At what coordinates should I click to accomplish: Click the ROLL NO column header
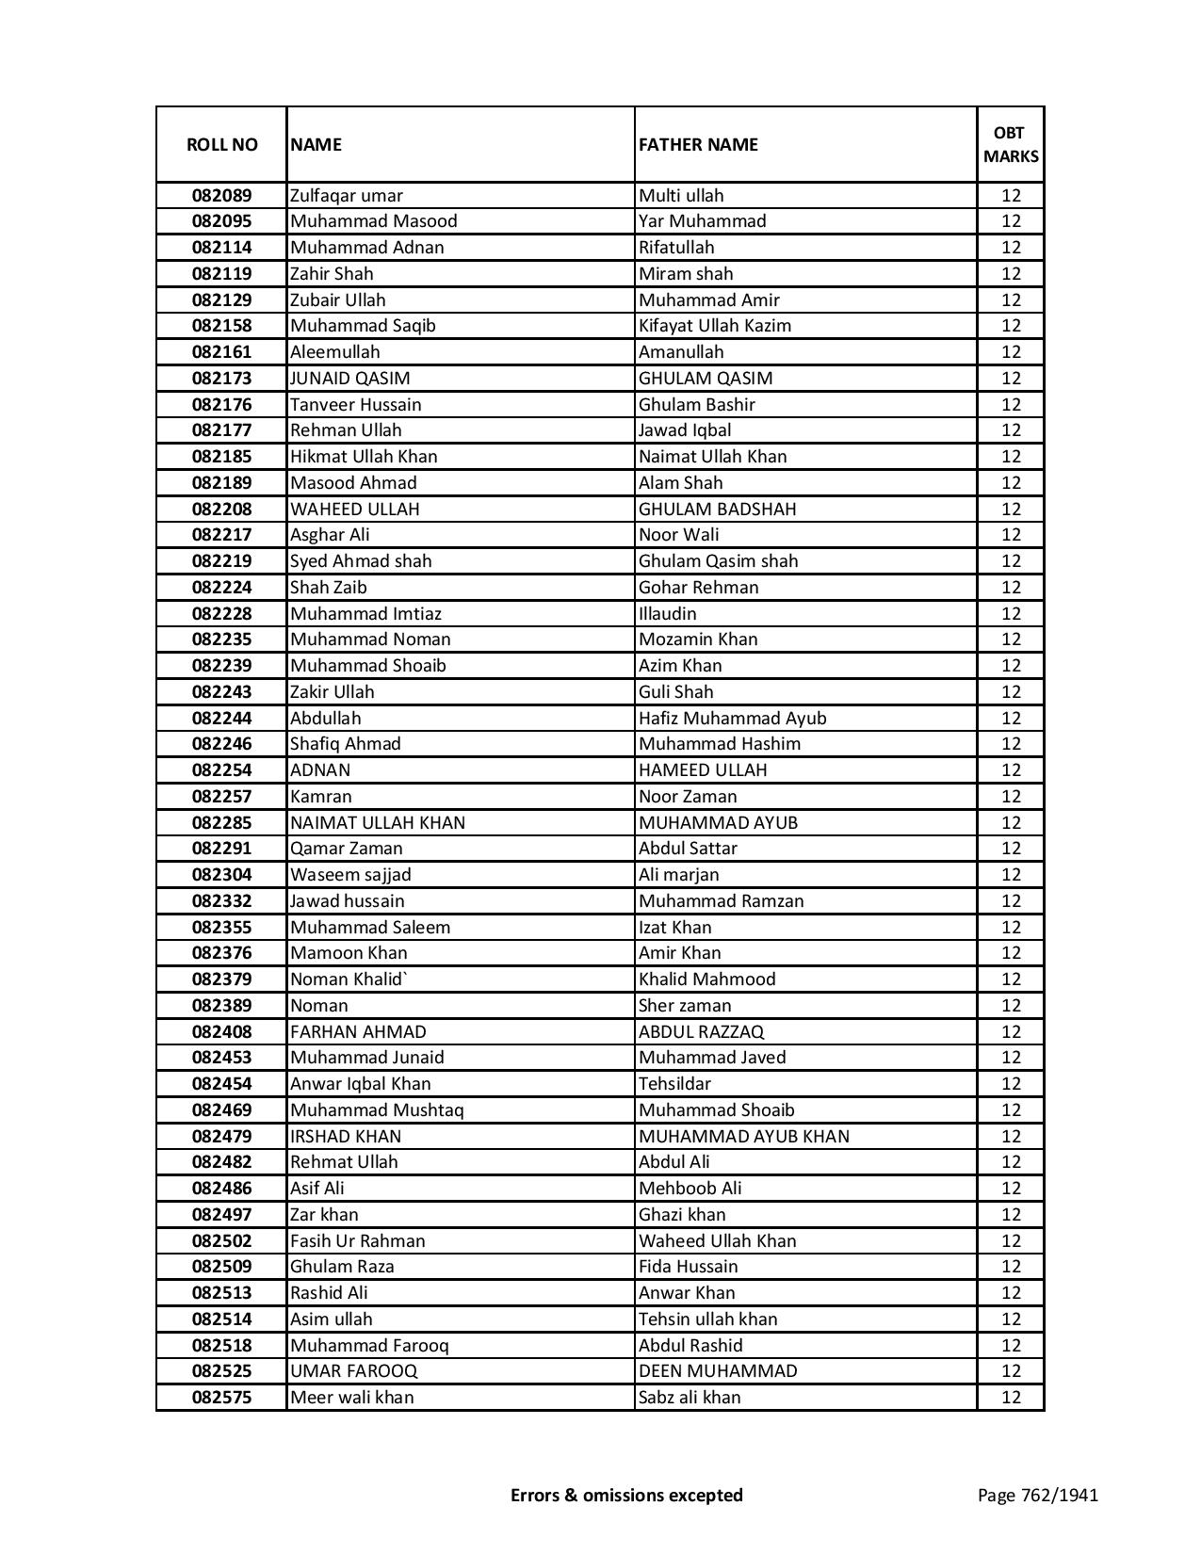point(221,145)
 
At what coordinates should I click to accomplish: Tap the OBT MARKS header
point(1011,145)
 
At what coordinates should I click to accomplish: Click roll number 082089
point(221,196)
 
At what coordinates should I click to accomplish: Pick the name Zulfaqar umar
point(346,196)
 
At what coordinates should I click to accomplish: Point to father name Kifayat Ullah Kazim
point(714,326)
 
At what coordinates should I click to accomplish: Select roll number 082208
point(221,510)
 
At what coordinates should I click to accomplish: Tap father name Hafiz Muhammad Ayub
point(732,719)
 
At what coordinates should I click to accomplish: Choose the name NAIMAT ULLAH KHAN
point(377,823)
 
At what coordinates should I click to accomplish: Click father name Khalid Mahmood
point(706,979)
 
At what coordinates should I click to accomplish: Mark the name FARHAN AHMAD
point(358,1032)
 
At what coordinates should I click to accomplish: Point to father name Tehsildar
point(674,1084)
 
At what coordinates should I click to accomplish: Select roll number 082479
point(221,1137)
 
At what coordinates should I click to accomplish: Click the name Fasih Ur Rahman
point(357,1241)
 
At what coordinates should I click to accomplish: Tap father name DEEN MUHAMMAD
point(717,1371)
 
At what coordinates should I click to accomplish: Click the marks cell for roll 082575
point(1011,1398)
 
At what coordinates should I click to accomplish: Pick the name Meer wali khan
point(351,1398)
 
